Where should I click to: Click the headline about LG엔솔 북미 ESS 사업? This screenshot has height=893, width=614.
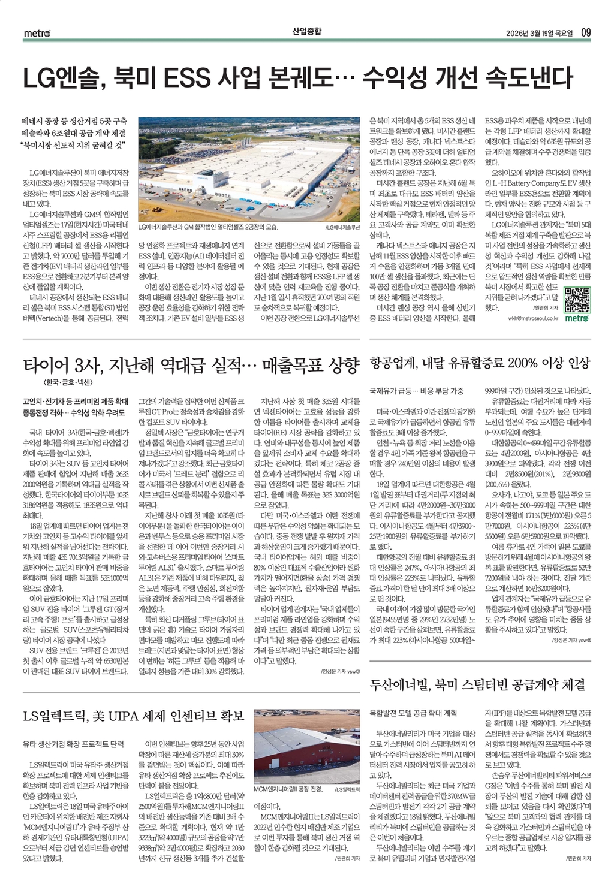[x=297, y=79]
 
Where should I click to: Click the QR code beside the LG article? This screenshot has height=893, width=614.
[x=577, y=300]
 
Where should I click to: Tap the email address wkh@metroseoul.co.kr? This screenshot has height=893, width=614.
[x=533, y=318]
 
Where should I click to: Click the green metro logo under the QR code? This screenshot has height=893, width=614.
[x=577, y=318]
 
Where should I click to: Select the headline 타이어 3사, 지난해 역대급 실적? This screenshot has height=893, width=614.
[x=190, y=365]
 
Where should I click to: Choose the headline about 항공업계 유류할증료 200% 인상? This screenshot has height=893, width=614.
[x=480, y=363]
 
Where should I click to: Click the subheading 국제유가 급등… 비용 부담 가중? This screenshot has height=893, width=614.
[x=416, y=390]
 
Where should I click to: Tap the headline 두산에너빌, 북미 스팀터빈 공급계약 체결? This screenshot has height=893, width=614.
[x=477, y=684]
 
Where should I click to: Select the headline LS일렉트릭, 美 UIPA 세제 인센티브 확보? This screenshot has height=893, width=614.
[x=133, y=716]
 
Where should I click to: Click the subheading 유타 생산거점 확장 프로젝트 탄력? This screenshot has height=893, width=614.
[x=73, y=744]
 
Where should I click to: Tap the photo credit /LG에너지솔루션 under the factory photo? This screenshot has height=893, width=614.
[x=342, y=228]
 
